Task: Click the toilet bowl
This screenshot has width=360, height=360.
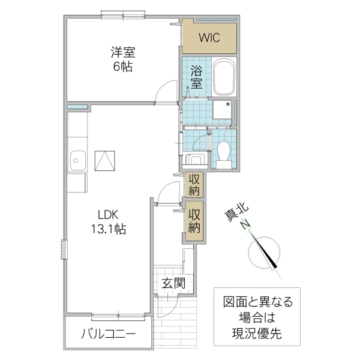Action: point(225,153)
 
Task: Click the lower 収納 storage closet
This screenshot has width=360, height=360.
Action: point(194,221)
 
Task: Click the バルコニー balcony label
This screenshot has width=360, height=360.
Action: point(109,334)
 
